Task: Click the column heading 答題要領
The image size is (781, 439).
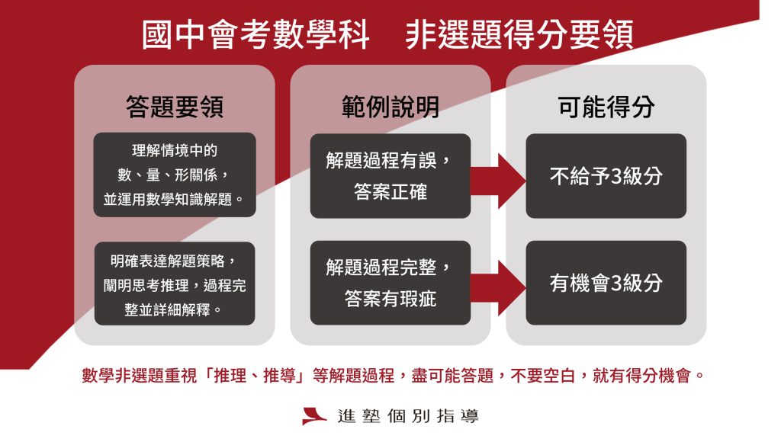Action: point(175,107)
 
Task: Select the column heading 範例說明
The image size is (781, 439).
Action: point(390,107)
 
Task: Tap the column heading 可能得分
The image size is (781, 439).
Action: point(606,107)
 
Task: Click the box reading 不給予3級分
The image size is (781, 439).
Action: point(606,176)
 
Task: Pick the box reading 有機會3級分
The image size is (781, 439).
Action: point(606,283)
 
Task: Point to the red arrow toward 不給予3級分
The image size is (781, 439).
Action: point(498,181)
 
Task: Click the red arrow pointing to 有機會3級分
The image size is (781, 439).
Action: point(498,287)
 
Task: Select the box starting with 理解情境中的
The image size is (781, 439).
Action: point(175,175)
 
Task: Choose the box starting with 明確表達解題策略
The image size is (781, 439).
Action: point(175,284)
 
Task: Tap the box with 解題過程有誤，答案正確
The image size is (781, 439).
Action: point(390,176)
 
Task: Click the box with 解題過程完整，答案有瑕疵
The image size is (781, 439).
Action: point(390,283)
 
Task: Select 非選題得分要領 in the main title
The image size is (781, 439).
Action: point(519,35)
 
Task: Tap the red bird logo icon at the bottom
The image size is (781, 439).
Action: point(314,416)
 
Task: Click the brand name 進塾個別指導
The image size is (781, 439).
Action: point(408,416)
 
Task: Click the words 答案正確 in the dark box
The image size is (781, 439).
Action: point(390,191)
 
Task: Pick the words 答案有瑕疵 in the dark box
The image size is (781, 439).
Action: point(390,299)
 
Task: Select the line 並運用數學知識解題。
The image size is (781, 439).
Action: point(174,199)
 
